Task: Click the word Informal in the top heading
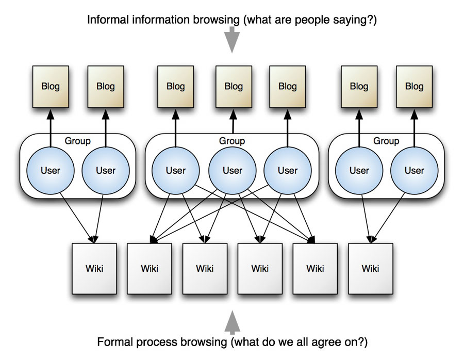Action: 108,20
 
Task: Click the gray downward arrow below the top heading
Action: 231,40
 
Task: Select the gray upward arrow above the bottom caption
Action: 233,322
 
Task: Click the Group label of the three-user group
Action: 232,141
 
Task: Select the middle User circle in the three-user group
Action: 233,171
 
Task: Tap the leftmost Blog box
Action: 51,87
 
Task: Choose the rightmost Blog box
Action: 415,87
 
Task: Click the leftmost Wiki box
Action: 94,269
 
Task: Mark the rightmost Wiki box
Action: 371,269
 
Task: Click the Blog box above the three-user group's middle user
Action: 234,87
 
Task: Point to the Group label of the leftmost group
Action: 77,141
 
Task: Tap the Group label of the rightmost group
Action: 386,141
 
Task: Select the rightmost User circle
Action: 415,171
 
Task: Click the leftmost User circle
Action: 51,171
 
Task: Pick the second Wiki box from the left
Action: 150,269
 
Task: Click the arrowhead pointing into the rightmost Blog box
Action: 415,114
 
